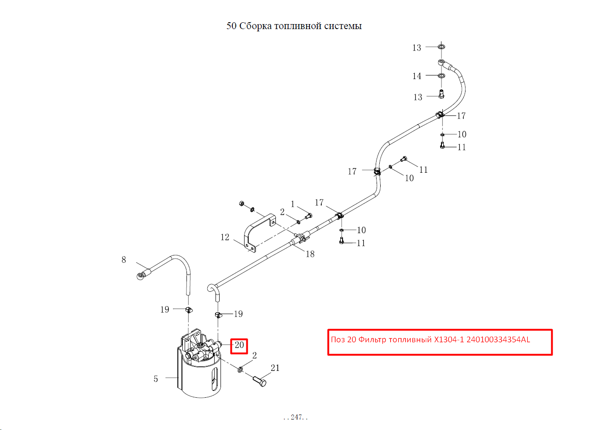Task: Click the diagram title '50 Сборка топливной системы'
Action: pos(294,26)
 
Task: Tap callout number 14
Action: pos(417,76)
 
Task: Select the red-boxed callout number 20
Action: pos(239,345)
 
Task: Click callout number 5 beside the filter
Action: pos(156,379)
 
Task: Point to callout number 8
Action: pos(123,260)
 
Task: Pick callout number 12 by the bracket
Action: pos(225,237)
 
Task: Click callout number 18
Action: pos(310,254)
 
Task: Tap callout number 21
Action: pos(275,368)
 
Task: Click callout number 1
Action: pos(293,204)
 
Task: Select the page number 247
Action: pos(296,417)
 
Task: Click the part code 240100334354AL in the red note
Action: pos(498,340)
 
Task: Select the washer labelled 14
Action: pos(441,75)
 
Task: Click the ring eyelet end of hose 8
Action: pos(140,277)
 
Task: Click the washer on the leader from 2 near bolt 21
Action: pos(240,369)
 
